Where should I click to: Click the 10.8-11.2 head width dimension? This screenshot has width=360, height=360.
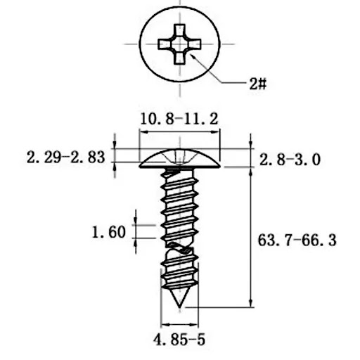click(x=179, y=119)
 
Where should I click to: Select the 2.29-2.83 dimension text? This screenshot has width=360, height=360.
click(x=66, y=157)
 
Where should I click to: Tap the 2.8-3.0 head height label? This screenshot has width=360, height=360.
click(x=290, y=160)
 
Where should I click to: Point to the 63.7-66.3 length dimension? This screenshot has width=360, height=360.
click(x=297, y=240)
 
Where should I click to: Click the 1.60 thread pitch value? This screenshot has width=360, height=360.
click(x=109, y=232)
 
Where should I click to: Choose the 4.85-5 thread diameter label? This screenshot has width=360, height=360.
click(x=179, y=340)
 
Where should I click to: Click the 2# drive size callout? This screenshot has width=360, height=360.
click(x=258, y=84)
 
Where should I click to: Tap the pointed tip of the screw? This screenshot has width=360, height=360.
click(x=180, y=307)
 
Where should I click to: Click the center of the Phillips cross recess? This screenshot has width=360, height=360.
click(x=179, y=44)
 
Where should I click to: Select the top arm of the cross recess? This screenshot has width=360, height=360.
click(x=179, y=30)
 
